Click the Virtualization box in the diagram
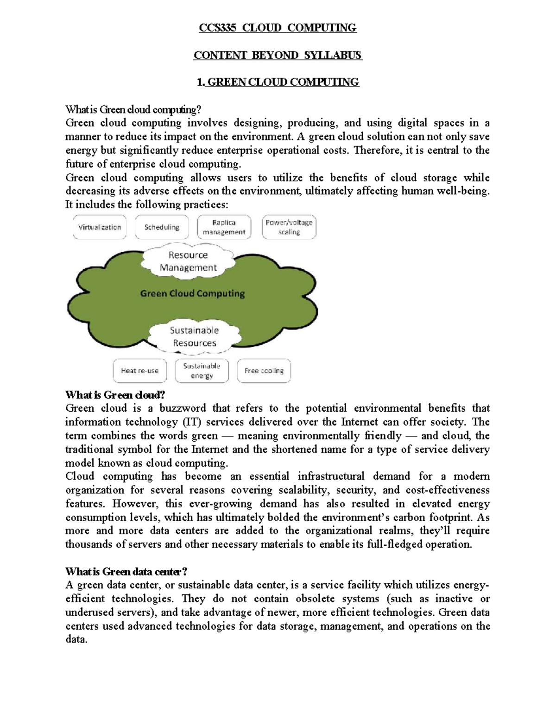100,227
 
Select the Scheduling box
162,227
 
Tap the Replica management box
224,227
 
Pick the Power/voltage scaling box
289,227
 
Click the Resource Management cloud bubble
188,261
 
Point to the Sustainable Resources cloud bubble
194,337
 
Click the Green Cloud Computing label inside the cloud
192,293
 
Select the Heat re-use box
139,371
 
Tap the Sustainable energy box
202,371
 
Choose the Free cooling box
264,371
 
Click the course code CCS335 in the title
217,28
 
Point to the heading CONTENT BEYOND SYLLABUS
278,55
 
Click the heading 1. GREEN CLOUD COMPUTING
278,83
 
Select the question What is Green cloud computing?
133,109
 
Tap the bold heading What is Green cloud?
115,395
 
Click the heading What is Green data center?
126,572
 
